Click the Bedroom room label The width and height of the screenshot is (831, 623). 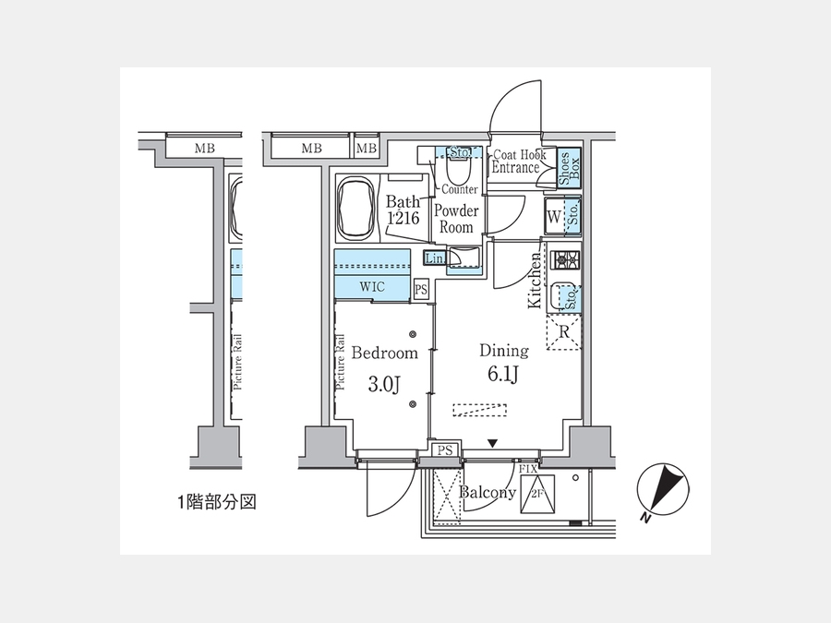click(x=385, y=353)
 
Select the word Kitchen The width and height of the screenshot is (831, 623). click(x=534, y=280)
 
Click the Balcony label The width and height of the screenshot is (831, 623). click(x=488, y=492)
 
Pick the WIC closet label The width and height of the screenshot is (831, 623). click(x=372, y=288)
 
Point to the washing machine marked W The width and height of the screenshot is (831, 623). click(x=554, y=218)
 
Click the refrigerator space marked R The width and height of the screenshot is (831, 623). click(x=564, y=332)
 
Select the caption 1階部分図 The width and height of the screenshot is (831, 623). click(x=215, y=503)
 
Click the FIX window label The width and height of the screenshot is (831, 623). click(x=528, y=470)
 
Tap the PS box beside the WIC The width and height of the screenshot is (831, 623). click(x=421, y=289)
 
